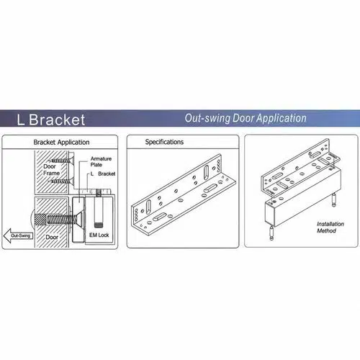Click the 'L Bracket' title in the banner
pyautogui.click(x=51, y=120)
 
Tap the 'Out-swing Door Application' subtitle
pyautogui.click(x=246, y=118)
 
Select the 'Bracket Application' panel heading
pyautogui.click(x=61, y=142)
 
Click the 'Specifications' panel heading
pyautogui.click(x=164, y=142)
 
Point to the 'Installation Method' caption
pyautogui.click(x=330, y=228)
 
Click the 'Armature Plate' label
pyautogui.click(x=101, y=162)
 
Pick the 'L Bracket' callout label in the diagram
pyautogui.click(x=103, y=174)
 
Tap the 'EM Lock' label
pyautogui.click(x=99, y=235)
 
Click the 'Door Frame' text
pyautogui.click(x=51, y=170)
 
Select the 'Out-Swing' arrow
pyautogui.click(x=19, y=235)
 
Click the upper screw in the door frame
pyautogui.click(x=61, y=160)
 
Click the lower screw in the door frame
pyautogui.click(x=61, y=181)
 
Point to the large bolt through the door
pyautogui.click(x=60, y=219)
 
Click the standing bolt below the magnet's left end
pyautogui.click(x=271, y=233)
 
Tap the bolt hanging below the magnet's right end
pyautogui.click(x=334, y=199)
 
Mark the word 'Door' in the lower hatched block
pyautogui.click(x=52, y=237)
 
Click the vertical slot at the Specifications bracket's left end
pyautogui.click(x=148, y=207)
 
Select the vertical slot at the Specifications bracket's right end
pyautogui.click(x=206, y=173)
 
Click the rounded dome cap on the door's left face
pyautogui.click(x=32, y=218)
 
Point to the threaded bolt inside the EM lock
pyautogui.click(x=98, y=208)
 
